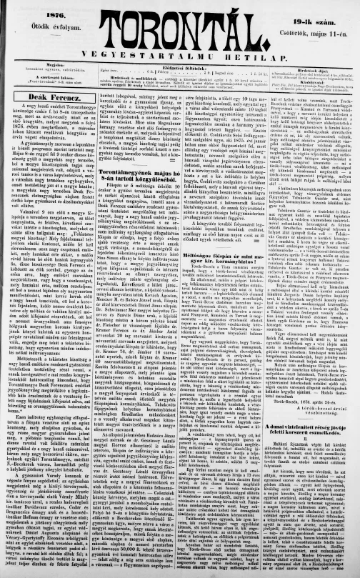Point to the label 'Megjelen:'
[43, 64]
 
